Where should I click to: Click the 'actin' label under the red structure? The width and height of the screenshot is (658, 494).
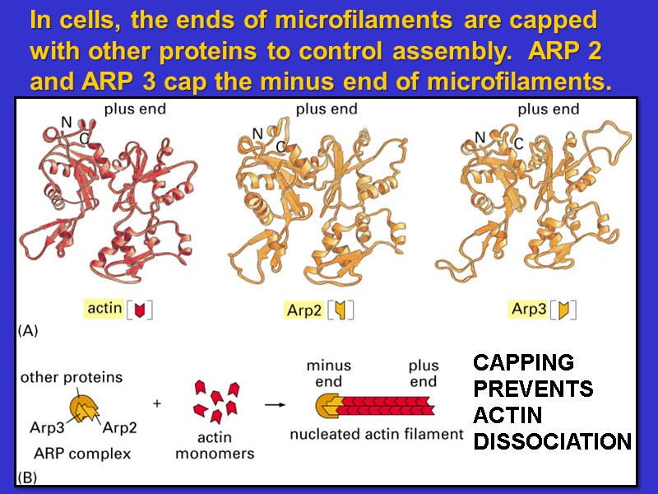tap(104, 309)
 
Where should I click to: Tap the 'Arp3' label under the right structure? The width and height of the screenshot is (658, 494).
tap(528, 310)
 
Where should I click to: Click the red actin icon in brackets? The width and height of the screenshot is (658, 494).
tap(140, 310)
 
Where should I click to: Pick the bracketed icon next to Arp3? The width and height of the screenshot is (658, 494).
tap(565, 310)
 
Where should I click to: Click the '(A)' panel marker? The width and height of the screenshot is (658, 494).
tap(28, 331)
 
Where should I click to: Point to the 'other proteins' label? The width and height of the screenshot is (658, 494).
tap(71, 378)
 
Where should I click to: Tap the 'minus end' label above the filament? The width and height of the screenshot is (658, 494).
tap(329, 373)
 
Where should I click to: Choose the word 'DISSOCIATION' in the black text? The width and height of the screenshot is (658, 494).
tap(552, 442)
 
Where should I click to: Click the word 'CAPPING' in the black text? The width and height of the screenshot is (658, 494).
tap(523, 362)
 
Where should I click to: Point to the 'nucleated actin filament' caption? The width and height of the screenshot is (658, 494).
tap(376, 434)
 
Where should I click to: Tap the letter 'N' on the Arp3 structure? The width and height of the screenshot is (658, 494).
tap(480, 136)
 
